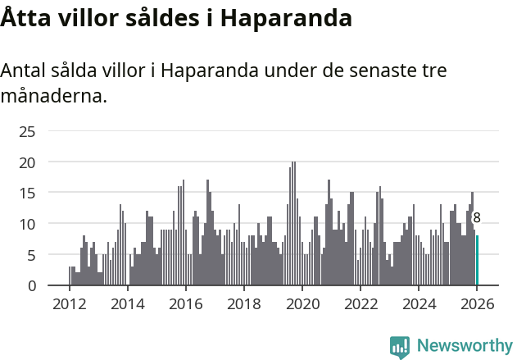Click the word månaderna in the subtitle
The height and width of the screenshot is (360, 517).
54,96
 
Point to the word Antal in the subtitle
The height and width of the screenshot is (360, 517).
25,71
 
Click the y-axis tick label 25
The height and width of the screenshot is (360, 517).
27,131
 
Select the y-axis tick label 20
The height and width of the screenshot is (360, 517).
27,162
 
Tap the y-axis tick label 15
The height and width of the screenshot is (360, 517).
27,193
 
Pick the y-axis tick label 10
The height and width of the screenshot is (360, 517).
27,224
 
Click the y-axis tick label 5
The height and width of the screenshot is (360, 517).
31,255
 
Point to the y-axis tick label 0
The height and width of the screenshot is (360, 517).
31,285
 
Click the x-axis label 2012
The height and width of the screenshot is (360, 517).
69,303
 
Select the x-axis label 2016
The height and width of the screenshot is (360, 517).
185,303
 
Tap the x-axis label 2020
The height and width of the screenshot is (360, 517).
302,303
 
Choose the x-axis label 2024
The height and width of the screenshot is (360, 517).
419,303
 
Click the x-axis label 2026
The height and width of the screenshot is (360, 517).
477,303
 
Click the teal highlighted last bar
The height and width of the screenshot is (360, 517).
477,261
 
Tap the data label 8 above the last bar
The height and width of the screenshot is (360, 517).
477,218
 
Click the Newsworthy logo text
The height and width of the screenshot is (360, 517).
464,345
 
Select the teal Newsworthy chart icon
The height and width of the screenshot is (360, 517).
400,347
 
